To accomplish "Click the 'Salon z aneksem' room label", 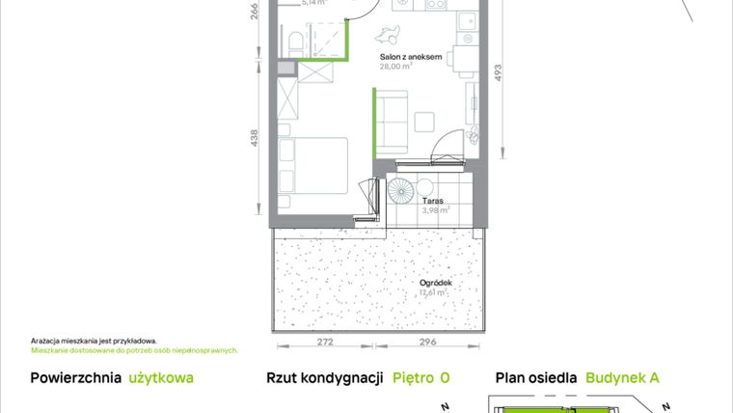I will point(410,57).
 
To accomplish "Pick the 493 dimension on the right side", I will point(499,77).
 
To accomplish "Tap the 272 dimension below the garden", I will point(326,343).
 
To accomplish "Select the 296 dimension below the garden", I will point(429,343).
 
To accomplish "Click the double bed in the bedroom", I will point(314,166).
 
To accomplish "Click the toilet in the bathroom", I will point(301,39).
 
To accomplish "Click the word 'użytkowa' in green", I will point(161,378).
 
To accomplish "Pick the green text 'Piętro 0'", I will point(421,378).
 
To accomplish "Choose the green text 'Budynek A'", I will point(622,378).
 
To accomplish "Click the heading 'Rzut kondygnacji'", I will point(325,378).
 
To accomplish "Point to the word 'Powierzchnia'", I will point(75,378).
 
